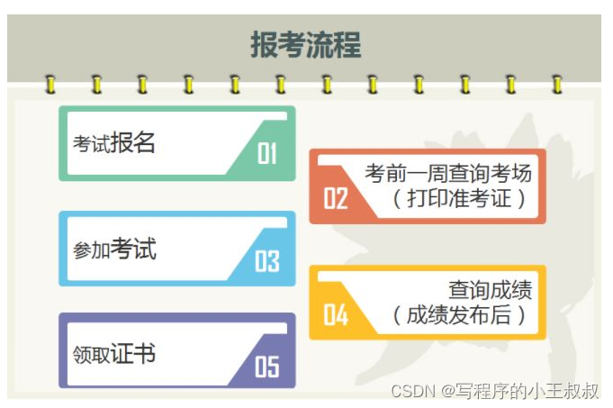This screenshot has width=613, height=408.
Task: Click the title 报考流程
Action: [305, 44]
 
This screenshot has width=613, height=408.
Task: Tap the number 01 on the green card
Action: [267, 154]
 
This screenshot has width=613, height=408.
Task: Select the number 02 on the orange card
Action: [336, 198]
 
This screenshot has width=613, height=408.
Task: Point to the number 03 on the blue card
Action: [267, 261]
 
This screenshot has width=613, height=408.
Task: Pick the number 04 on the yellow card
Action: [336, 314]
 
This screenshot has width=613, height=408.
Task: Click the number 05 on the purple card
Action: [267, 367]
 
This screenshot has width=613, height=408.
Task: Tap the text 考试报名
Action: [114, 143]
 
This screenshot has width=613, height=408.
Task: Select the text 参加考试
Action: [114, 249]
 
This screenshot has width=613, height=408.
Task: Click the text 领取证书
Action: [114, 354]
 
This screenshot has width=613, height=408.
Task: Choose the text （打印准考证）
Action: [459, 198]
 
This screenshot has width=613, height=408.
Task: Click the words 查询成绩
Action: [490, 290]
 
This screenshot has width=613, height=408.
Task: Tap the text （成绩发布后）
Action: [459, 315]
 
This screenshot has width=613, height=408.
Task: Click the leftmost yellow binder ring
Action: [50, 86]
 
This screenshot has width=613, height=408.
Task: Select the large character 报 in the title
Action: [264, 44]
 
